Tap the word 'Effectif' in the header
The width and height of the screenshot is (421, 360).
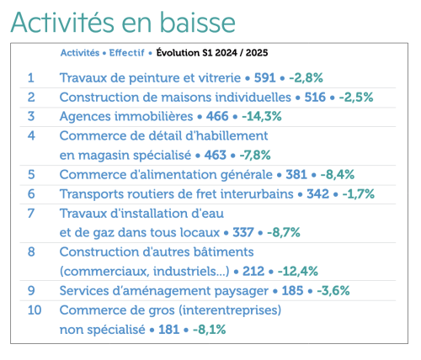[x=126, y=52]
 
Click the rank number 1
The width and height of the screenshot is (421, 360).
[x=31, y=77]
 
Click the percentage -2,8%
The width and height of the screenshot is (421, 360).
[x=309, y=77]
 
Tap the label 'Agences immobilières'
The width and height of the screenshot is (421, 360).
[x=124, y=116]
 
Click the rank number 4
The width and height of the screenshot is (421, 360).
[x=31, y=135]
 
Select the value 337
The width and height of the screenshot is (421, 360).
[x=243, y=232]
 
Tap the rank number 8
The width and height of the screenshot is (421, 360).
[x=31, y=251]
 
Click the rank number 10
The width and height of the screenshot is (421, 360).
[x=35, y=310]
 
